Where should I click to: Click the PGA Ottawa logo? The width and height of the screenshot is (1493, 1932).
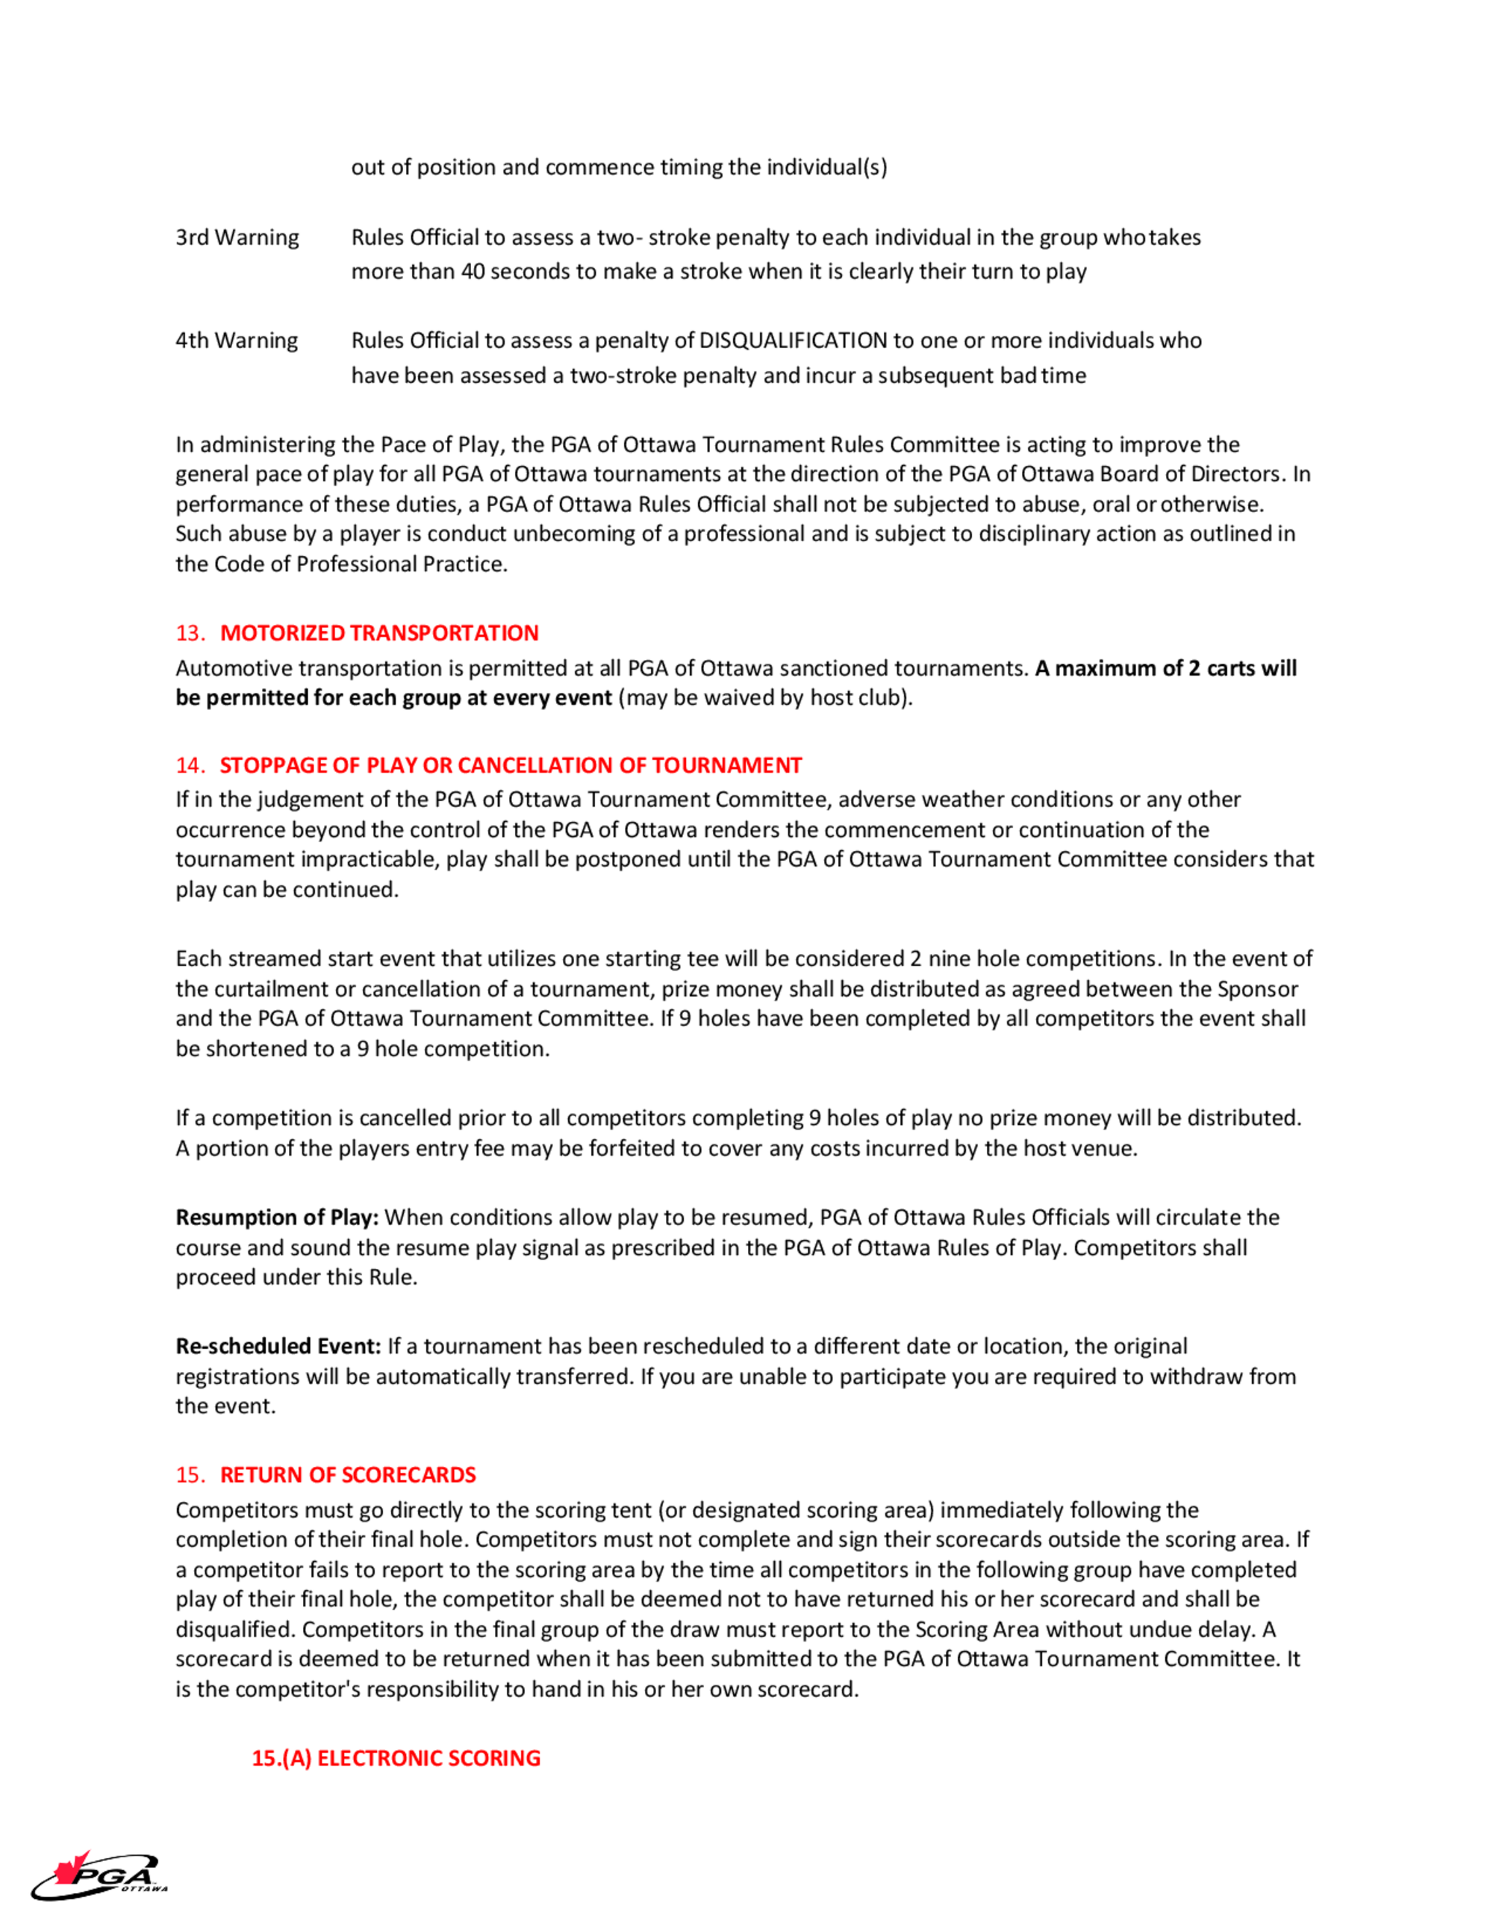click(x=99, y=1875)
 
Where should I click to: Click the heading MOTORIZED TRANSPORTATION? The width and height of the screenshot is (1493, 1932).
click(x=378, y=633)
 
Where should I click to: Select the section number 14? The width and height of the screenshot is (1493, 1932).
click(x=190, y=765)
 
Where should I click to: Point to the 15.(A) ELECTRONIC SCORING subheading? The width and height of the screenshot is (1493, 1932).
click(x=396, y=1758)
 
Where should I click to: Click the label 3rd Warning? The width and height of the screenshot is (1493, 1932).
click(x=237, y=238)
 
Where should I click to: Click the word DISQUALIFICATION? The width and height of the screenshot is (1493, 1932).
click(x=793, y=340)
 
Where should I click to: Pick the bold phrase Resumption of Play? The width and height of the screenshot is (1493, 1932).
click(x=277, y=1218)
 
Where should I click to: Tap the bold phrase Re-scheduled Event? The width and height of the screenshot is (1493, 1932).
click(x=278, y=1347)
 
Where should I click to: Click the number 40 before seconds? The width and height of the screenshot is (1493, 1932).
click(x=473, y=272)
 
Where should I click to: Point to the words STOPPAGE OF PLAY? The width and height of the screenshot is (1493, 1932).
click(x=320, y=765)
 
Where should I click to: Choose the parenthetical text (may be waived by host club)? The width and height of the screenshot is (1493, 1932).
click(x=765, y=698)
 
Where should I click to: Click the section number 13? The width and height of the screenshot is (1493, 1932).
click(x=190, y=633)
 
